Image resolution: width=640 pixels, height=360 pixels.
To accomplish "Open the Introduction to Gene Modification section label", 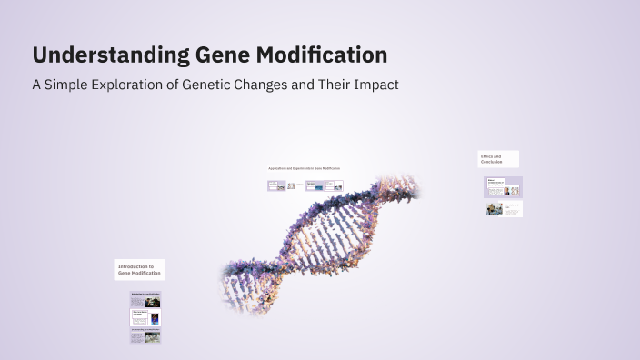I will point(139,269).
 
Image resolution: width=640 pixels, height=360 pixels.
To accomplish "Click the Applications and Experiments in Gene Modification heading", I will point(305,168).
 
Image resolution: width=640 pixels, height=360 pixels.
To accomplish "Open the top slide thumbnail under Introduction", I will point(145,300).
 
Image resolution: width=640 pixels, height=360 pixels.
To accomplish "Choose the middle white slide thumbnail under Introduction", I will point(145,317).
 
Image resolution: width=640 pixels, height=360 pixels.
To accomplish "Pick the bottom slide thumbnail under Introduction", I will point(145,336).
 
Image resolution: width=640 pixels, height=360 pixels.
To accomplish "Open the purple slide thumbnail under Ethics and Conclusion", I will point(503,187).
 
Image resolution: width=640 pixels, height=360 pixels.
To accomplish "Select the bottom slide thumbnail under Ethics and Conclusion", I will point(503,209).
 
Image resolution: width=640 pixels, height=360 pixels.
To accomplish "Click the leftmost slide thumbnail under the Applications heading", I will point(276,185).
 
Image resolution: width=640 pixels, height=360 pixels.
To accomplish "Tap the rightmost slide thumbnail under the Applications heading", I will point(334,185).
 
